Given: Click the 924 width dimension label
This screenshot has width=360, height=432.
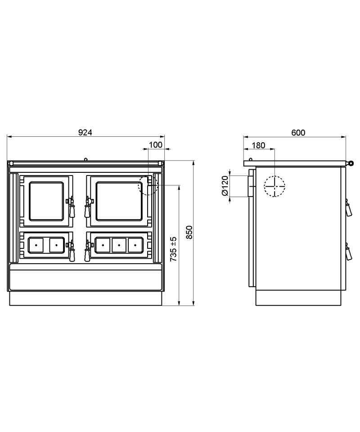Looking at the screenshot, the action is click(x=85, y=132).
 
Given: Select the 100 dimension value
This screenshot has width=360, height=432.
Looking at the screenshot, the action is click(x=156, y=145).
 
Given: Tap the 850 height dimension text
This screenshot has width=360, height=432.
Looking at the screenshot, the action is click(x=189, y=232).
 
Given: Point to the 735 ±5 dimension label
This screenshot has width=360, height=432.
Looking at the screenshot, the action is click(x=173, y=249).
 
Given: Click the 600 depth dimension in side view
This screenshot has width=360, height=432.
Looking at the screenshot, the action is click(x=298, y=133).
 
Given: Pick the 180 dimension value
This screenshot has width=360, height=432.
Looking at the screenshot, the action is click(x=258, y=145).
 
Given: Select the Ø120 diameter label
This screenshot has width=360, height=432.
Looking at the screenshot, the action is click(x=225, y=186).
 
